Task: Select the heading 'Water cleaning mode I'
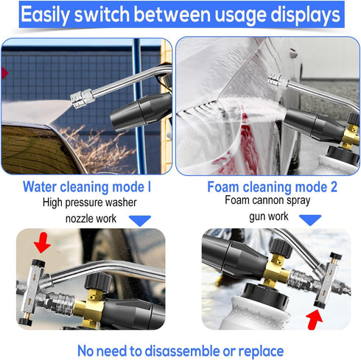point(87,187)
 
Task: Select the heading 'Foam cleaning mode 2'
point(272,187)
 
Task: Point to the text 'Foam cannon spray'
point(270,200)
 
